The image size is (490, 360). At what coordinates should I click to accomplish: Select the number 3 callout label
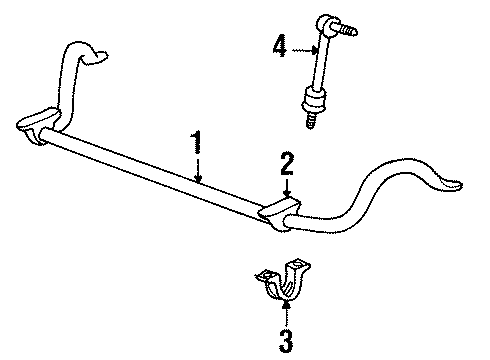tap(287, 340)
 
